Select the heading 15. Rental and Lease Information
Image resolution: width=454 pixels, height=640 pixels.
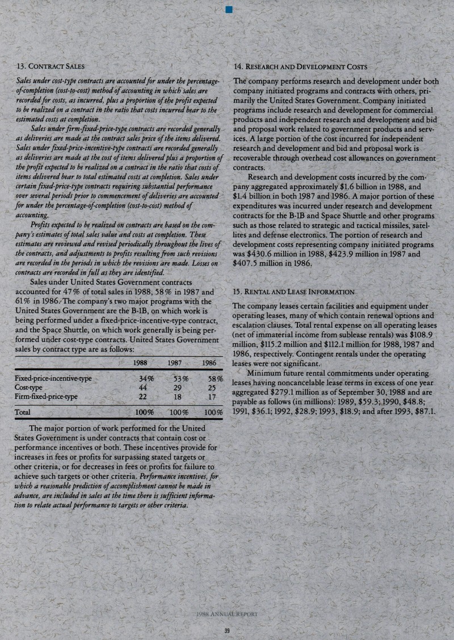coord(295,292)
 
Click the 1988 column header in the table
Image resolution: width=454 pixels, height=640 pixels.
coord(140,363)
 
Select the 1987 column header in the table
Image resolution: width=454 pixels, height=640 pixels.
coord(174,363)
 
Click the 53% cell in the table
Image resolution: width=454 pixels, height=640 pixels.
coord(180,378)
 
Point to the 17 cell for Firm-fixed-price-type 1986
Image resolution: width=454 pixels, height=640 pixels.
coord(213,397)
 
